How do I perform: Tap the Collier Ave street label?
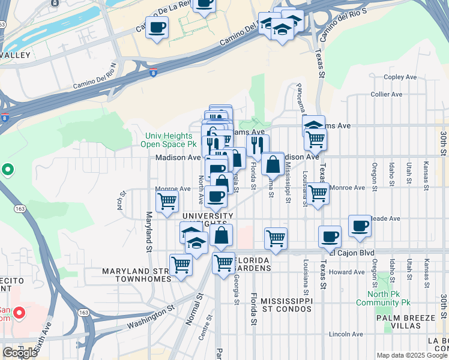pos(387,94)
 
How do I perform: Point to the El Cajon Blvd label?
pos(358,253)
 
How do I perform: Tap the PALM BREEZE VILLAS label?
pos(407,321)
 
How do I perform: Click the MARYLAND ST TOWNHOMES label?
pos(137,275)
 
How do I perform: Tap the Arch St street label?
pos(121,198)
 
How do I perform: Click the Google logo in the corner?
pos(20,353)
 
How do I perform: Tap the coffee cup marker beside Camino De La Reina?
pos(157,28)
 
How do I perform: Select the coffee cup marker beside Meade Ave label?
pos(360,226)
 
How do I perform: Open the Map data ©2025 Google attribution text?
pos(412,355)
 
